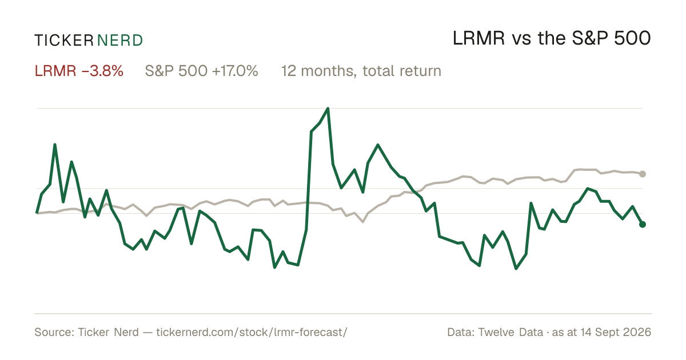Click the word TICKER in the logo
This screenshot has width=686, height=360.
tap(64, 41)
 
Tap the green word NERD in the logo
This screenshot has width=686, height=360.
tap(119, 41)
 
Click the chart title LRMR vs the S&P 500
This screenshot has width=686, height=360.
tap(552, 38)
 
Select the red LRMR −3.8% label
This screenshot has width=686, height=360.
tap(79, 71)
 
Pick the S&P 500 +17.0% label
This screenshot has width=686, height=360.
tap(201, 71)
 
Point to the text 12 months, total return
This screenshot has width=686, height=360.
tap(361, 71)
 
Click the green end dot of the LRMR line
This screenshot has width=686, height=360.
tap(643, 225)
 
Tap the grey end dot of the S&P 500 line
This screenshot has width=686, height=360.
tap(643, 174)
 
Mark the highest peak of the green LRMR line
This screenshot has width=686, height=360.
tap(328, 109)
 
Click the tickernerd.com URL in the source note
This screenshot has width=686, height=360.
tap(252, 332)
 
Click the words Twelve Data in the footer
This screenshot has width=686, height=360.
tap(510, 332)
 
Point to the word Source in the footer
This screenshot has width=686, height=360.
tap(53, 332)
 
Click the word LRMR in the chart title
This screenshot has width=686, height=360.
tap(478, 38)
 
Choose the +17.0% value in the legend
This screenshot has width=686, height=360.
tap(235, 71)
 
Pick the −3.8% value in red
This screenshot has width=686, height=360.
tap(102, 71)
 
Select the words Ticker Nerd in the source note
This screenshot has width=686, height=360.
tap(108, 332)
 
